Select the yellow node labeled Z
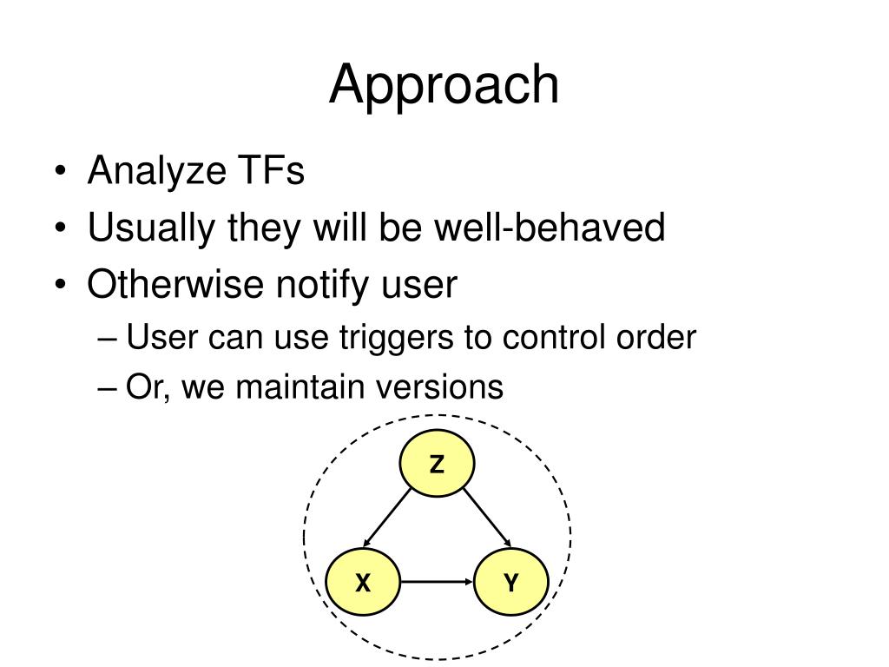coord(437,466)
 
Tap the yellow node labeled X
coord(363,583)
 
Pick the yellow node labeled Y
coord(510,583)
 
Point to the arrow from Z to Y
coord(485,518)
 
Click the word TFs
coord(270,171)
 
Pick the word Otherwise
coord(175,285)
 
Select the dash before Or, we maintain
coord(108,387)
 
